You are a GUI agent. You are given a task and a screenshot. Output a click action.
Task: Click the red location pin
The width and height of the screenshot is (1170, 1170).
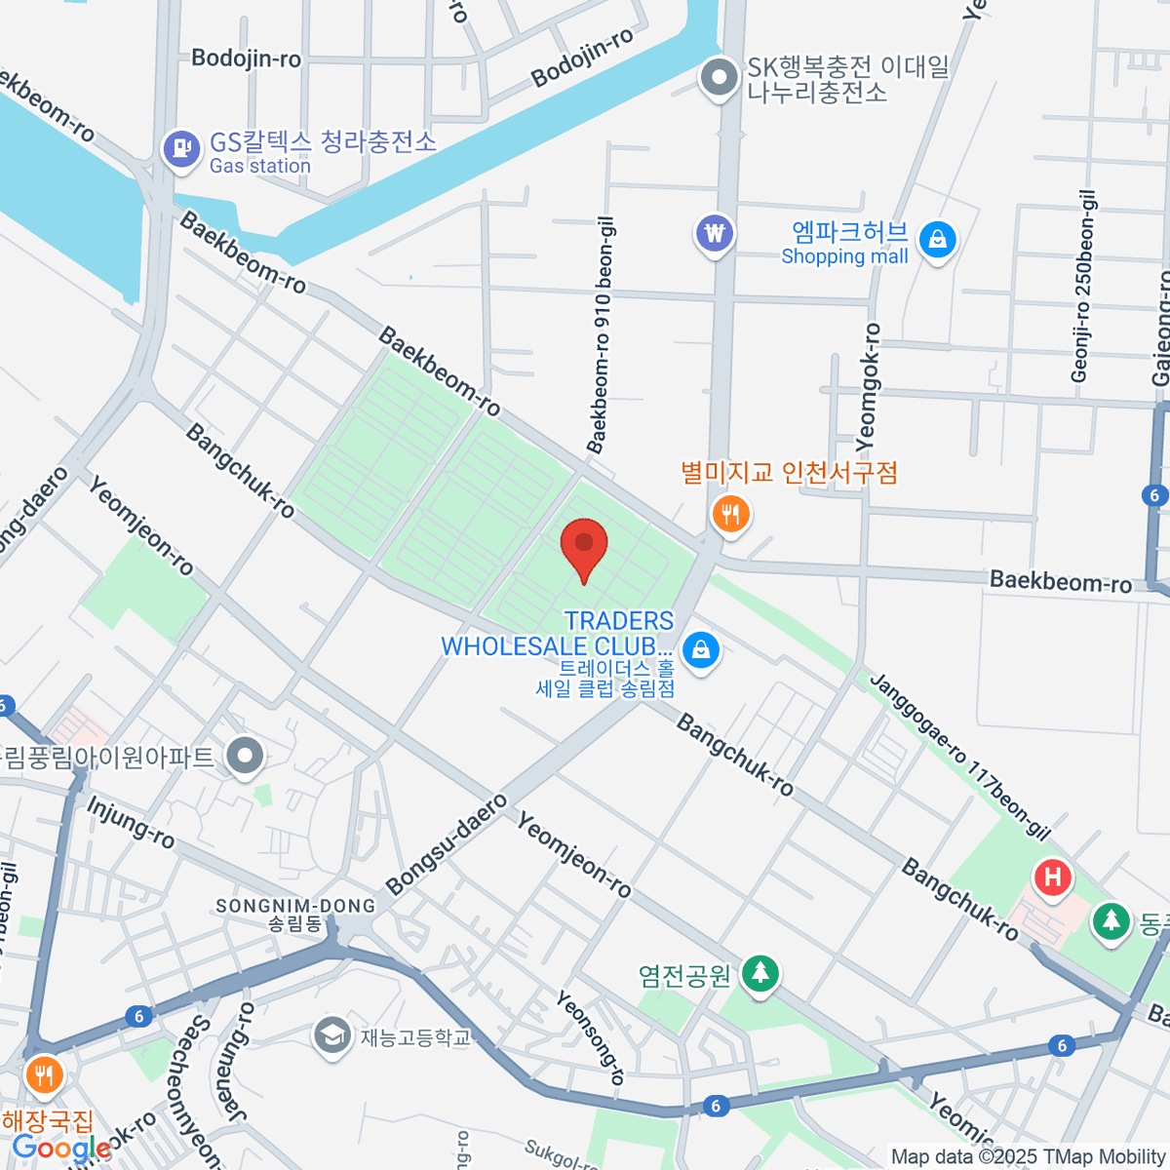point(584,546)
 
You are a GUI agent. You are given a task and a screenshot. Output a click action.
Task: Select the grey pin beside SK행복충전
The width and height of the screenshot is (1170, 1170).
point(721,78)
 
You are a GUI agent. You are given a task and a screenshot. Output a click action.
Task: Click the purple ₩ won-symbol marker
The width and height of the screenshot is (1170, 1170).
point(715,234)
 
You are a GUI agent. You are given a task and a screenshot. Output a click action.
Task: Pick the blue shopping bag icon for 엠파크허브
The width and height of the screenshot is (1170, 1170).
point(938,239)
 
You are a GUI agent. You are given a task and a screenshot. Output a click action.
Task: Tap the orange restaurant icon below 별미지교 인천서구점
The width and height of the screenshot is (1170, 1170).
point(730,514)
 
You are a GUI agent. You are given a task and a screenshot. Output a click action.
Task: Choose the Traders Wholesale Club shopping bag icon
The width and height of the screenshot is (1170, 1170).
point(700,649)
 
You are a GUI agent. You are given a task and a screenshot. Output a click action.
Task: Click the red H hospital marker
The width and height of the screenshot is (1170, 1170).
point(1052,877)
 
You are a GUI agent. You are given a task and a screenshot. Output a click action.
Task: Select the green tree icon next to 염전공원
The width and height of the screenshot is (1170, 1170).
point(760,973)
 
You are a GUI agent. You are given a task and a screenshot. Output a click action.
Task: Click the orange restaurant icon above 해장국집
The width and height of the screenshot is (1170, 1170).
point(43,1075)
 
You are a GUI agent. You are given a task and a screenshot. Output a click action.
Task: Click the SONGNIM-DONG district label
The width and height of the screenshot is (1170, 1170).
point(295,907)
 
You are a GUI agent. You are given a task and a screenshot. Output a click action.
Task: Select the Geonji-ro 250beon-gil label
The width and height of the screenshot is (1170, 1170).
point(1083,286)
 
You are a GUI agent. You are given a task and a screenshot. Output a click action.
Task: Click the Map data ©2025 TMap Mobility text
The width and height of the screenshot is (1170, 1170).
point(1028,1156)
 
